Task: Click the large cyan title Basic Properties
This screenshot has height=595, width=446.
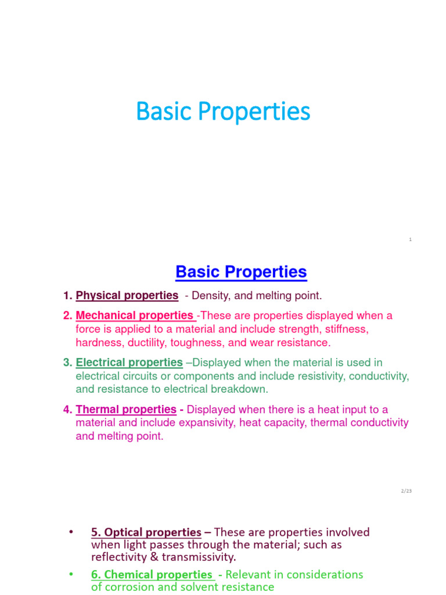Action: click(x=223, y=112)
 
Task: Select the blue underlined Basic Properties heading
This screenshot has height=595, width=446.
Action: click(x=241, y=272)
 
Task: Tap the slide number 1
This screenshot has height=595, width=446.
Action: click(x=410, y=239)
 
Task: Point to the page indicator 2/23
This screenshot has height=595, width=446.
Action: click(x=406, y=491)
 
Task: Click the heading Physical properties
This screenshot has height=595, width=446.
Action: click(x=127, y=296)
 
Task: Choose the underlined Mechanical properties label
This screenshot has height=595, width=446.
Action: click(x=135, y=316)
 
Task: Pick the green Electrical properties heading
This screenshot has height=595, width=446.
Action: click(x=129, y=363)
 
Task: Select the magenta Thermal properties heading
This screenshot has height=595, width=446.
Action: click(x=126, y=410)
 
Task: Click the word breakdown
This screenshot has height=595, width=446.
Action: click(x=240, y=390)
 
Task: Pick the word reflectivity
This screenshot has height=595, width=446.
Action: click(x=118, y=557)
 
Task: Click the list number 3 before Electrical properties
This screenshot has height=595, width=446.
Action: click(x=67, y=363)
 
